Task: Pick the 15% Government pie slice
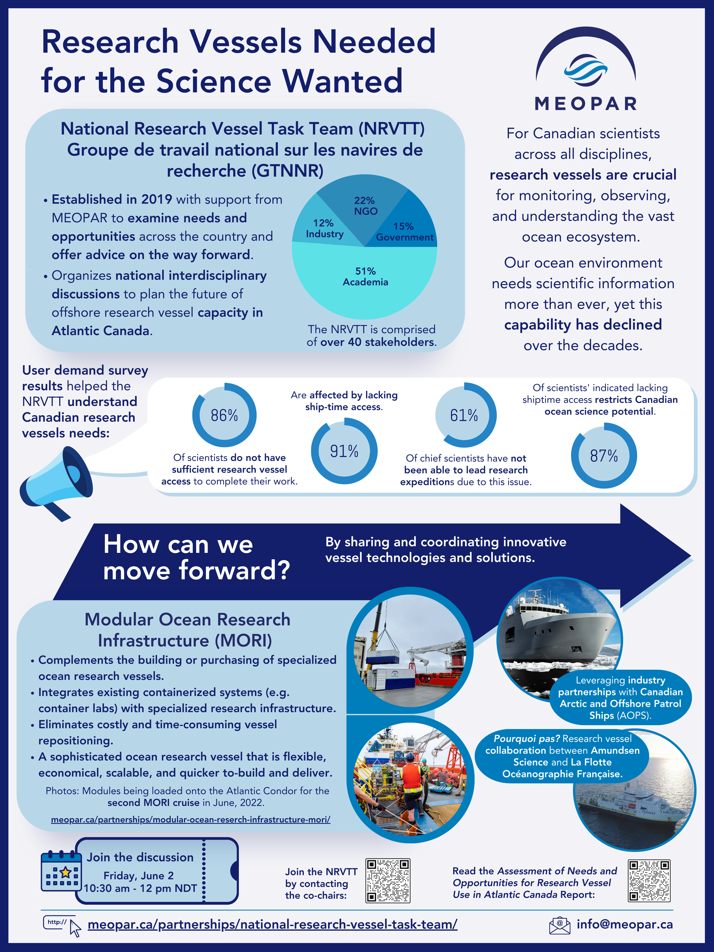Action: click(407, 226)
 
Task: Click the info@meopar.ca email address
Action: click(625, 924)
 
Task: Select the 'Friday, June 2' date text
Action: click(139, 876)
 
